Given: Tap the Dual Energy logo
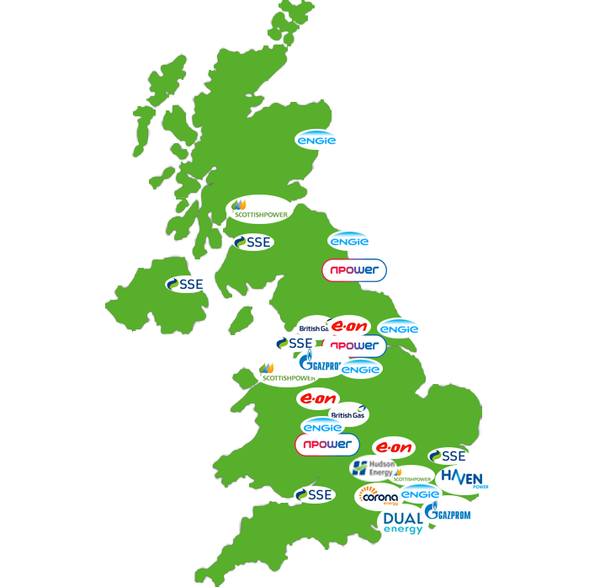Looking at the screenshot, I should pos(404,523).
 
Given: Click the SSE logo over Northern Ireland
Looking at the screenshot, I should pos(186,285).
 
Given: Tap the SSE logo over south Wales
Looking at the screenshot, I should pos(314,495).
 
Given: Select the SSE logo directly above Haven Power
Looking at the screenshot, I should pos(448,456).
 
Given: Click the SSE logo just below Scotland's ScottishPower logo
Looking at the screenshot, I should pos(253,243).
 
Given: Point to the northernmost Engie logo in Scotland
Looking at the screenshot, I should pos(316,141).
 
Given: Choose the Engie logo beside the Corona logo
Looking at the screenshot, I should pos(420,494).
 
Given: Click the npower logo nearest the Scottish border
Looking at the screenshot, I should pos(354,270).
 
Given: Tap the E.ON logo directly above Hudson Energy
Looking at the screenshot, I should pos(394,448).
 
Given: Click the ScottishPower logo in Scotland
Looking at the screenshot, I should pos(260,209).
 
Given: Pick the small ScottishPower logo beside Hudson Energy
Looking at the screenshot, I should pos(412,478).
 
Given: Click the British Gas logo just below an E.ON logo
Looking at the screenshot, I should pos(348,414).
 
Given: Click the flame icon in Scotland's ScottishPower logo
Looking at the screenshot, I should pos(240,204).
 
